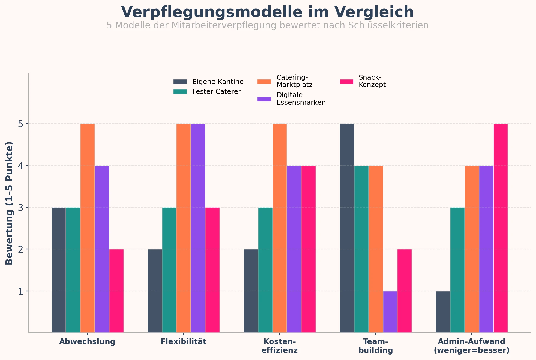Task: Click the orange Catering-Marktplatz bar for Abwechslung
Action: [88, 228]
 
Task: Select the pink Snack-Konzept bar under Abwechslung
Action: [116, 291]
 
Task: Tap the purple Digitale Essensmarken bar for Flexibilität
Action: [198, 228]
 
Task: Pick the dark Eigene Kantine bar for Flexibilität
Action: [155, 291]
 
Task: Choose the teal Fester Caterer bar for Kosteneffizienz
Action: [265, 270]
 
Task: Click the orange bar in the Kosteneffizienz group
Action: [280, 228]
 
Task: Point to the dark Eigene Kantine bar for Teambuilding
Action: [347, 228]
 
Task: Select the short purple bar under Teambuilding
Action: [390, 312]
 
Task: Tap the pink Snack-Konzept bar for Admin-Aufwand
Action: [501, 228]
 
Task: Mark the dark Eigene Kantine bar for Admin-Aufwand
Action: [443, 312]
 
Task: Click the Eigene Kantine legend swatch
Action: [180, 82]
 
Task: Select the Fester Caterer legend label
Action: [216, 92]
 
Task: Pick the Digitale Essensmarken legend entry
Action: [301, 99]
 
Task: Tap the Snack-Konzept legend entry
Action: [372, 81]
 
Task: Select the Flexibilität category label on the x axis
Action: [183, 342]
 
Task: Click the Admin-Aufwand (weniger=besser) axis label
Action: [471, 346]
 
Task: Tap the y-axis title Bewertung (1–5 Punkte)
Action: [10, 203]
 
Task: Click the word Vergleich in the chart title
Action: [374, 12]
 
